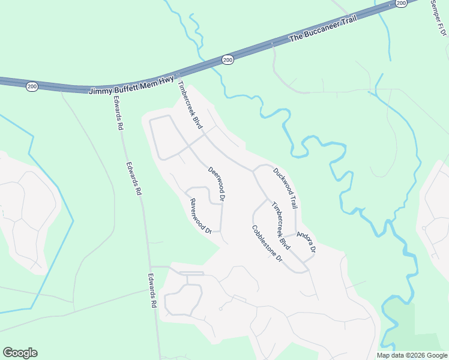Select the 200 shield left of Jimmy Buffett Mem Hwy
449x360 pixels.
[32, 87]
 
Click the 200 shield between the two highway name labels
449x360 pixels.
[228, 59]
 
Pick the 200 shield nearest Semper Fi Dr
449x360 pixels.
[401, 3]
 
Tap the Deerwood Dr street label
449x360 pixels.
[216, 183]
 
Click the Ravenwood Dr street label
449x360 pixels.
[201, 216]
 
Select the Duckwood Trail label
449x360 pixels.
[285, 188]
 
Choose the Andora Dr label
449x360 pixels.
[306, 241]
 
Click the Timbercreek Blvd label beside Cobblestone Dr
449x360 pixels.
[281, 226]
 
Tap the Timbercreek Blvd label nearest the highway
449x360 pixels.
[190, 107]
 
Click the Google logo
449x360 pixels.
[20, 353]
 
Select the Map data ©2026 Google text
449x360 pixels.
[411, 355]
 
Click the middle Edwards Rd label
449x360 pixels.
[133, 179]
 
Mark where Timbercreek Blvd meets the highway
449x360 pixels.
[178, 81]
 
